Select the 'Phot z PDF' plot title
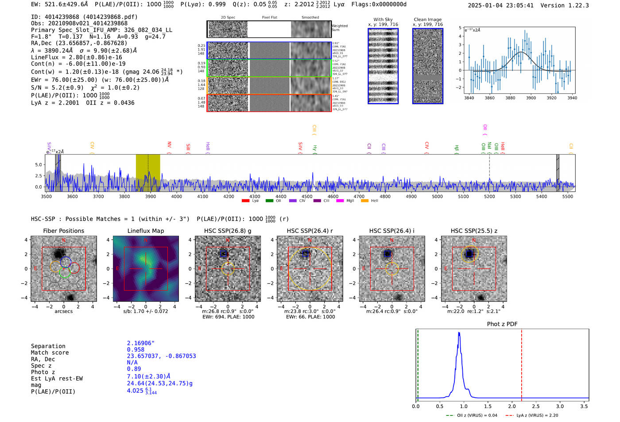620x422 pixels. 502,324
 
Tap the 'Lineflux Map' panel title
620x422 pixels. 146,231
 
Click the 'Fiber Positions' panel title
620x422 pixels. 63,231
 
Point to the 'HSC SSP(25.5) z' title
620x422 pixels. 474,231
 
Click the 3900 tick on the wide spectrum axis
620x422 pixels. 151,196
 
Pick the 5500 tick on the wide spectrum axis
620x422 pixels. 568,196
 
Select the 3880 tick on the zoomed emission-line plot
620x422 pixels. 510,98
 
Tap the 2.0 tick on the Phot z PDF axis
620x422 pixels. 512,406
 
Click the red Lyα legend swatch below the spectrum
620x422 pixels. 245,201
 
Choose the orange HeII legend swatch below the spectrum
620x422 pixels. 364,201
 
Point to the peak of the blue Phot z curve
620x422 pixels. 459,333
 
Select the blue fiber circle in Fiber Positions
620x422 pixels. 66,262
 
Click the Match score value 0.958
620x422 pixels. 136,350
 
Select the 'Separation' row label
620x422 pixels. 48,346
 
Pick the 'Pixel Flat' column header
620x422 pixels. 269,18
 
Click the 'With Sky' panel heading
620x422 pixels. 383,19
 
